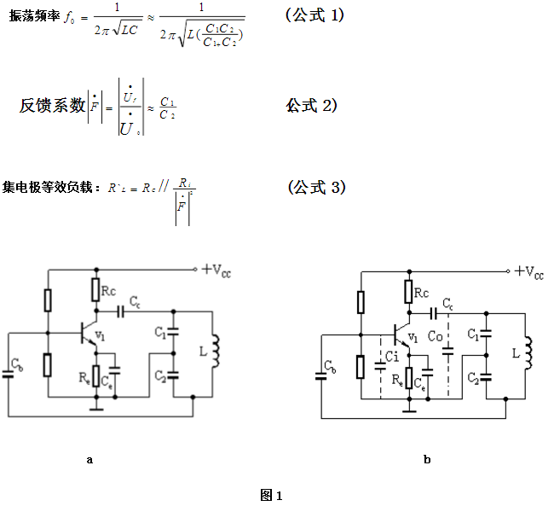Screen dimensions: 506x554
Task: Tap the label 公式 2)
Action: pyautogui.click(x=312, y=105)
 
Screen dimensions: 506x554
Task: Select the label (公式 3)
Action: pyautogui.click(x=316, y=188)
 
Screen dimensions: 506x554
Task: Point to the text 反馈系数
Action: pyautogui.click(x=53, y=106)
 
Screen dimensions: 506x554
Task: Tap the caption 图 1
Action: pyautogui.click(x=272, y=494)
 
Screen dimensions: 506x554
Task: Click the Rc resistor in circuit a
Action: pyautogui.click(x=95, y=291)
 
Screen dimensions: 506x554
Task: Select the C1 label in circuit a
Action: pyautogui.click(x=159, y=331)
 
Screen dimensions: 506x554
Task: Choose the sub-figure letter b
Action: pyautogui.click(x=426, y=459)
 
